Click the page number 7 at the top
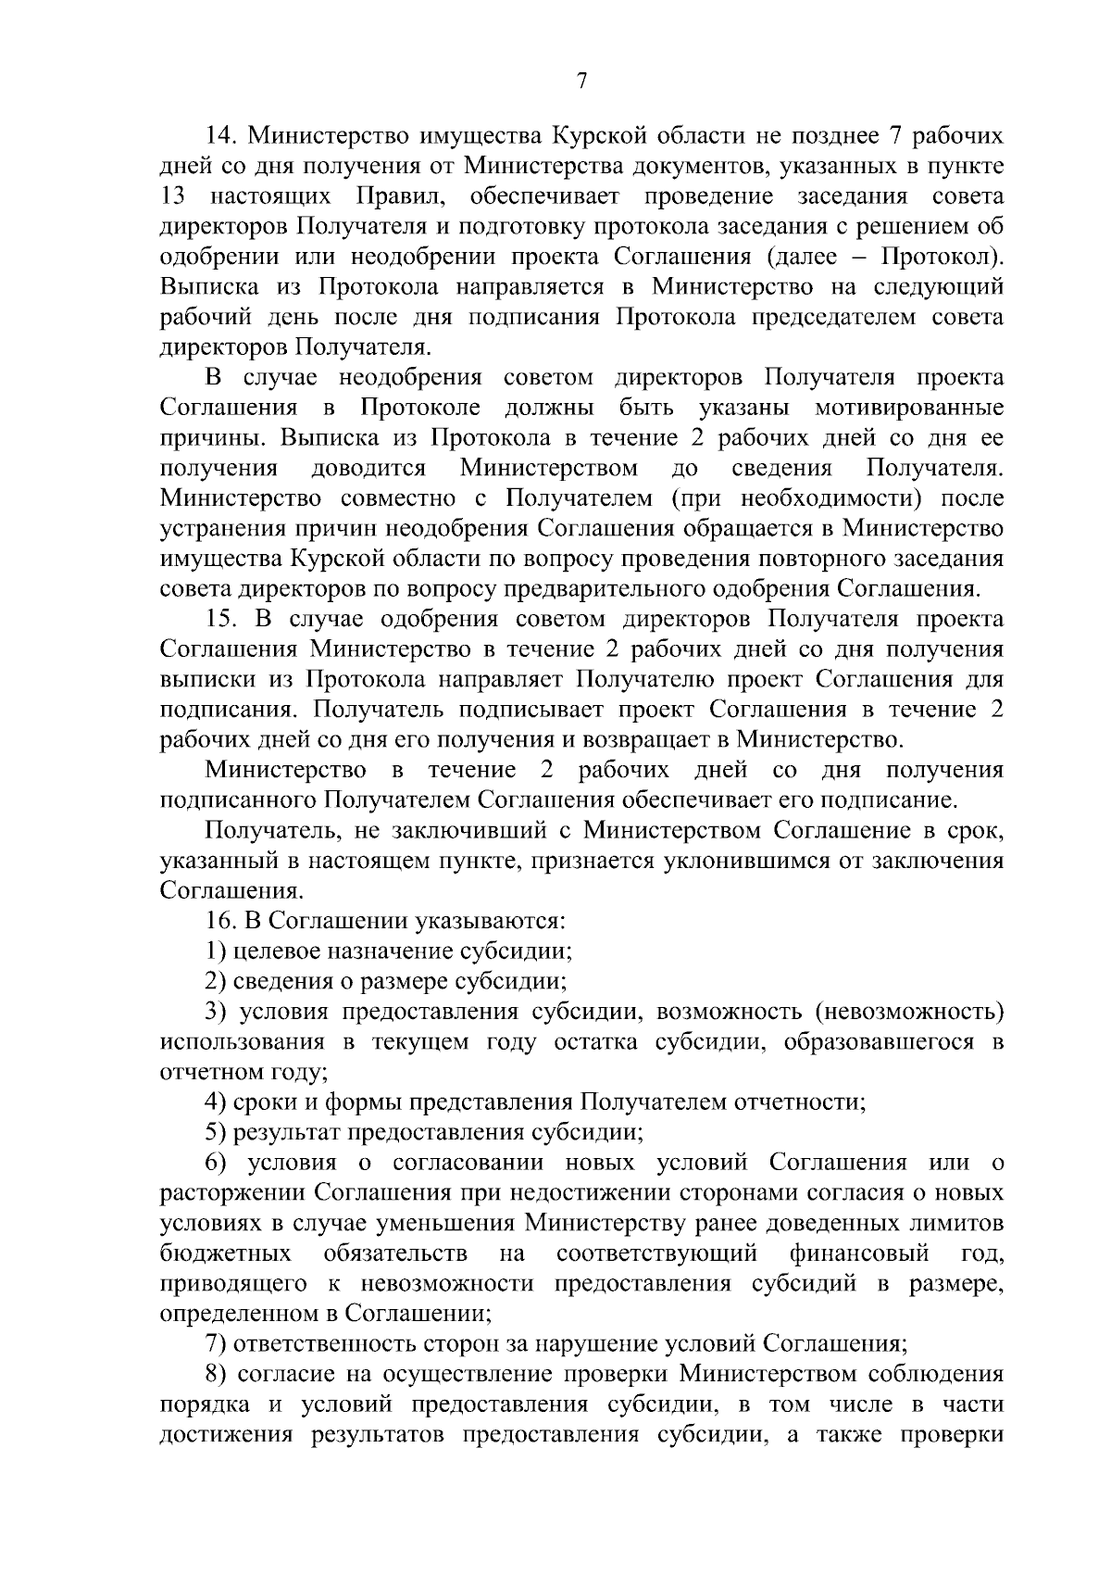click(x=581, y=81)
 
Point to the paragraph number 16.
click(x=222, y=921)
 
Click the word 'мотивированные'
click(x=909, y=409)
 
